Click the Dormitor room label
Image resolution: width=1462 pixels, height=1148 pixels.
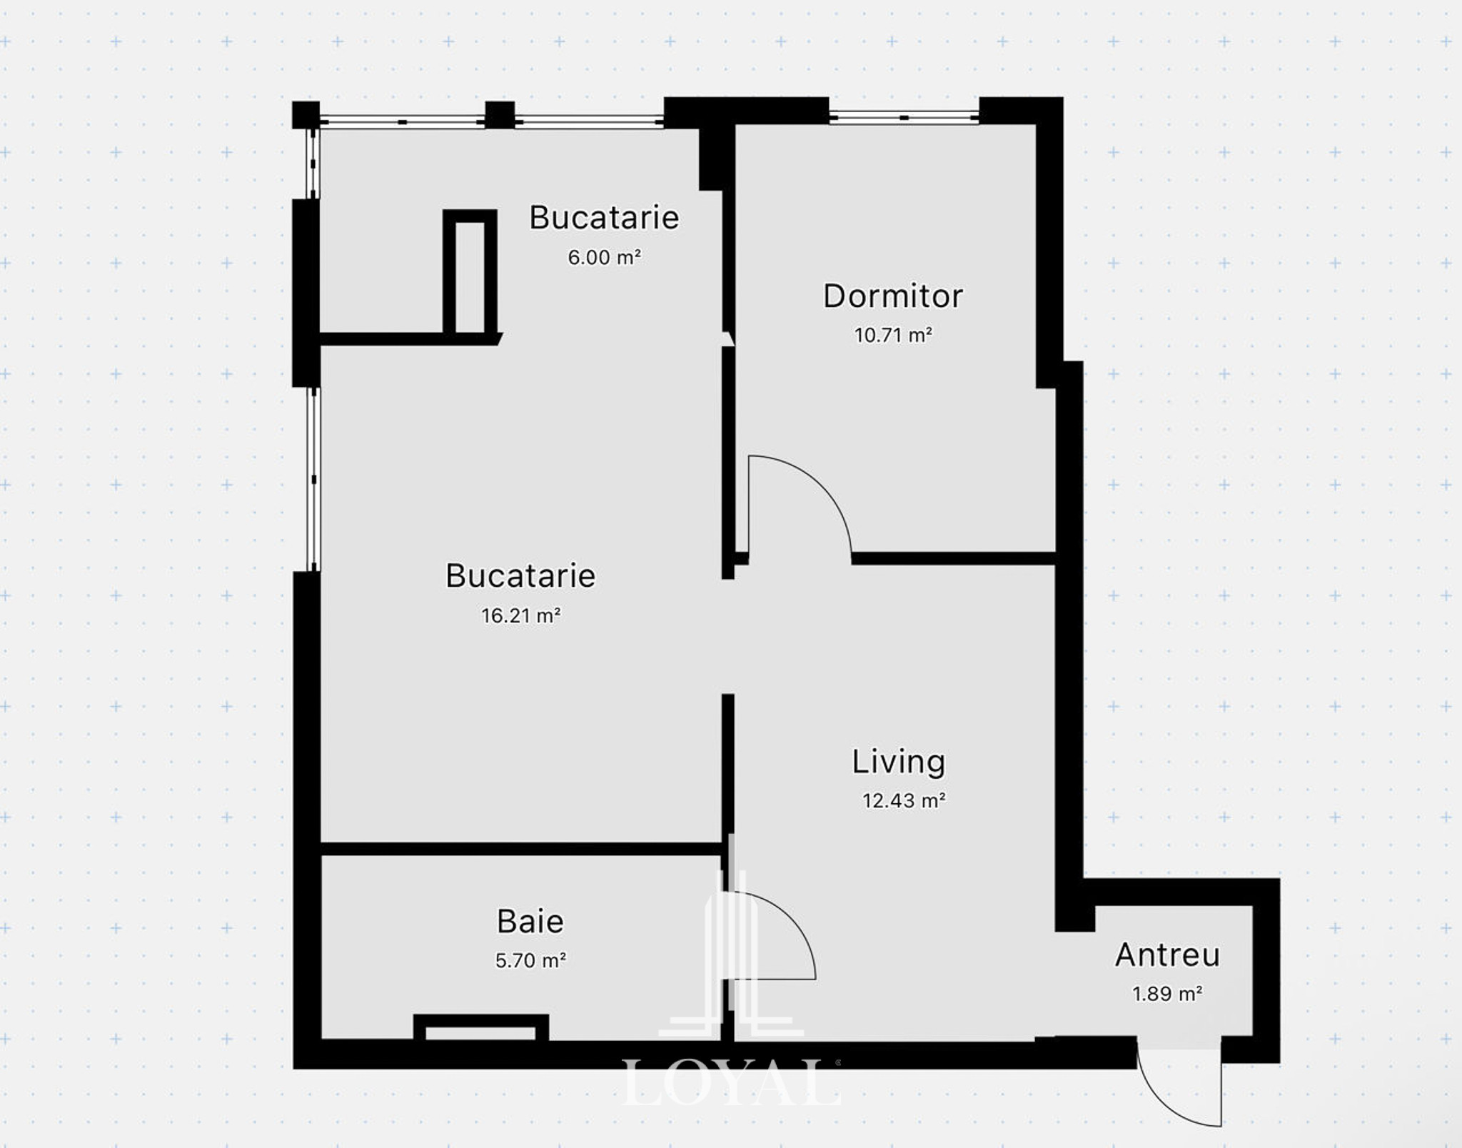[892, 296]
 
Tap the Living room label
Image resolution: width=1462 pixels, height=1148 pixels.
[898, 762]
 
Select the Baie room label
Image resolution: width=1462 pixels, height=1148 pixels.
[530, 922]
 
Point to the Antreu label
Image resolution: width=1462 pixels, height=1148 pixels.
[1167, 955]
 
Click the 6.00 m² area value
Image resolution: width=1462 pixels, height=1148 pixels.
[605, 257]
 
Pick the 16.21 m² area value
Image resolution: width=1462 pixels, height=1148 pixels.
[520, 615]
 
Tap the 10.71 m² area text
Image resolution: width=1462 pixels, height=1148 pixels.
[893, 335]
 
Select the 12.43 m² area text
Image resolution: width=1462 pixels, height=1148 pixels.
[904, 800]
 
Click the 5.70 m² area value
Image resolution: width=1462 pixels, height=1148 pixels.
[530, 960]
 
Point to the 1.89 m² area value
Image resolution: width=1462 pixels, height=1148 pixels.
[1167, 994]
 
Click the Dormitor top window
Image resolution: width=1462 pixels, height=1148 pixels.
[904, 116]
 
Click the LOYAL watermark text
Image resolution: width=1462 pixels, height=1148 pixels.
[730, 1084]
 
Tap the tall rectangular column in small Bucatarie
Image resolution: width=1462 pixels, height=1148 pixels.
[470, 273]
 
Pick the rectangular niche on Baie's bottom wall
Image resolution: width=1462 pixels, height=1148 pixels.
[481, 1029]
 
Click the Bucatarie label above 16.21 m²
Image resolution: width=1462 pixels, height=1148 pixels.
[520, 576]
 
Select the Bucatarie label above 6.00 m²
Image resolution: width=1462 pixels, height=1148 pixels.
[604, 218]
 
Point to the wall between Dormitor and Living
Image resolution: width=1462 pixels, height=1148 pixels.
[953, 558]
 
